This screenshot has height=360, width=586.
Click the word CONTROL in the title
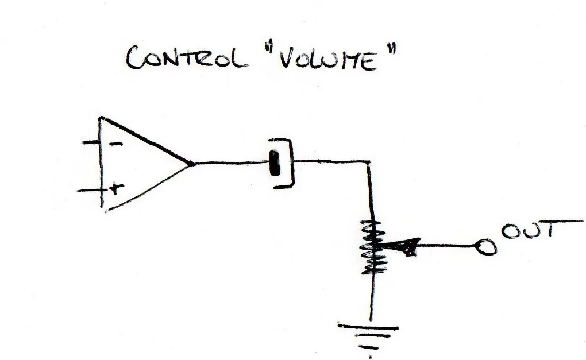tap(187, 58)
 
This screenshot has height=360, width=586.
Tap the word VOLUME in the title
tap(328, 60)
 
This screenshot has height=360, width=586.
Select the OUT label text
tap(528, 230)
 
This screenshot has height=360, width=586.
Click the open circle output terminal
tap(486, 246)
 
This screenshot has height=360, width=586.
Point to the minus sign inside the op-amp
tap(117, 144)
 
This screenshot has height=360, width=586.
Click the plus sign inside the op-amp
tap(116, 188)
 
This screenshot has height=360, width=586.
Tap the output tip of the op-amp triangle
tap(192, 163)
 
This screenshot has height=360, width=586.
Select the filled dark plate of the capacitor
tap(275, 163)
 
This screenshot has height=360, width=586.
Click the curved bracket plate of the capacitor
tap(291, 163)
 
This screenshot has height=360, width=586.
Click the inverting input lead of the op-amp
tap(91, 142)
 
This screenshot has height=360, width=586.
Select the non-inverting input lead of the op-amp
tap(90, 191)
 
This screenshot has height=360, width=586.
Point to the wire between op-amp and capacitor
tap(232, 163)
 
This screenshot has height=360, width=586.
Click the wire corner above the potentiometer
tap(369, 162)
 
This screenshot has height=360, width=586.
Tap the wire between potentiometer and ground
tap(372, 297)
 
